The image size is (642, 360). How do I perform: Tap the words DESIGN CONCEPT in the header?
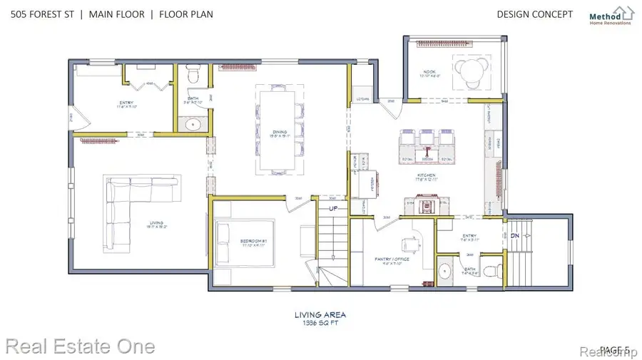(x=534, y=14)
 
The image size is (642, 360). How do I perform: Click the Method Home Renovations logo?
(x=611, y=15)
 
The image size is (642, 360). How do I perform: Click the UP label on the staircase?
(x=333, y=208)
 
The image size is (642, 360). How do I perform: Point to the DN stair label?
(x=514, y=235)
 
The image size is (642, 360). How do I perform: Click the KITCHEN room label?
(x=427, y=175)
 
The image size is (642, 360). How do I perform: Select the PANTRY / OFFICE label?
(x=390, y=259)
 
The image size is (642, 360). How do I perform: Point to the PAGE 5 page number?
(x=614, y=349)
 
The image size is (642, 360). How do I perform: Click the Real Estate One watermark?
(x=78, y=346)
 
